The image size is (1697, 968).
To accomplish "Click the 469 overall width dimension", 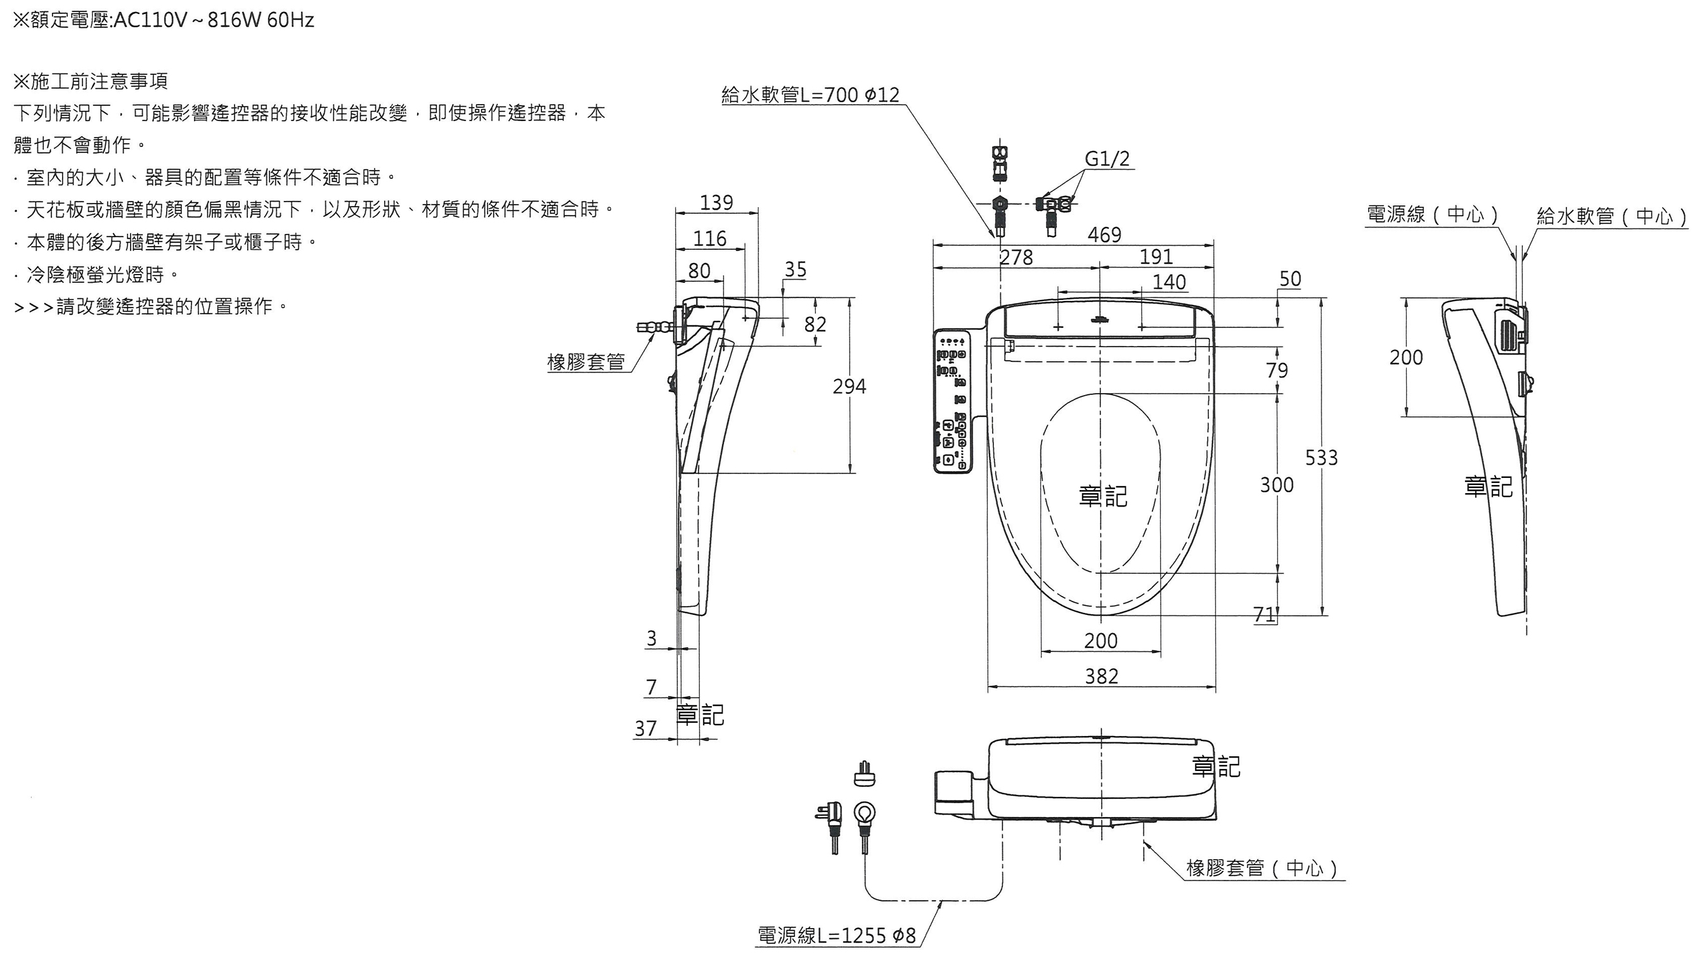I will tap(1104, 235).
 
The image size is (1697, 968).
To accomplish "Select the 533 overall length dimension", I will tap(1321, 458).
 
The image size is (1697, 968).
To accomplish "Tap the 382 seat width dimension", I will tap(1101, 676).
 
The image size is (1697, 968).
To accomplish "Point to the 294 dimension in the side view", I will tap(849, 386).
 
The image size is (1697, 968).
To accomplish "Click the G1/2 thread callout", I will tap(1107, 159).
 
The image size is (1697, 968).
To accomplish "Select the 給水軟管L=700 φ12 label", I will tap(810, 95).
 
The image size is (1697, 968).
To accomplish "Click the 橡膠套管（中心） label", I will tap(1262, 868).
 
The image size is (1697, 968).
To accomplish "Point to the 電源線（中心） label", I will tap(1433, 214).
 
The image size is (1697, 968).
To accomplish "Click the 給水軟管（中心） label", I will tap(1612, 216).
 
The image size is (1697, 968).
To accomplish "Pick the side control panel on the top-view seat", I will tap(952, 401).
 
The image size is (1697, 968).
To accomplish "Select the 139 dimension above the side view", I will tap(716, 202).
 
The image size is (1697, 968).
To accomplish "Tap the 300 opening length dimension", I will tap(1277, 485).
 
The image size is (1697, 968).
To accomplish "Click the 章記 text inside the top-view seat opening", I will tap(1103, 496).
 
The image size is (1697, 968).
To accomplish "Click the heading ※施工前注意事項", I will tap(91, 81).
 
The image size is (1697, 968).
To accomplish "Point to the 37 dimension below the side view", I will tap(645, 728).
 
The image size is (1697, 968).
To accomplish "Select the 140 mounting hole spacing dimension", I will tap(1168, 282).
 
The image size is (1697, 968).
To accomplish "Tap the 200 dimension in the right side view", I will tap(1406, 358).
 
